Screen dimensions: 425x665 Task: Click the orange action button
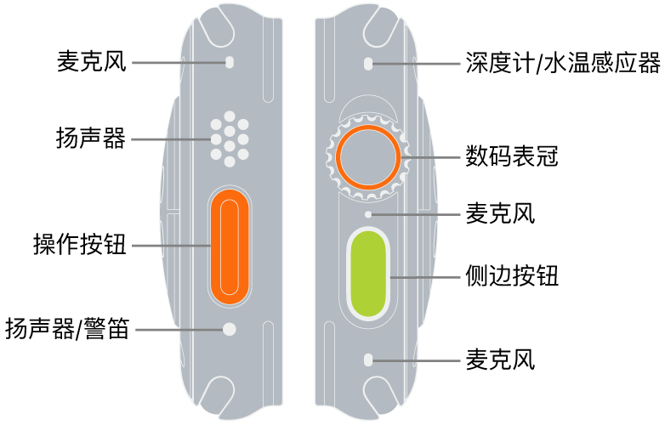(228, 246)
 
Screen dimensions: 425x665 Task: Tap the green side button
(367, 273)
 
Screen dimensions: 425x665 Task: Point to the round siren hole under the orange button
(228, 328)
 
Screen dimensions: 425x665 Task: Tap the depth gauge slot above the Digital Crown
(367, 63)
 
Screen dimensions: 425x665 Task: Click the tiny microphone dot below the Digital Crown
(367, 214)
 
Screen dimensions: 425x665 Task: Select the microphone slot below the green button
(367, 360)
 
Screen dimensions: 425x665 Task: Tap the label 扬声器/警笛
(67, 328)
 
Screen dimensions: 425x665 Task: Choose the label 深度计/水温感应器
(562, 63)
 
